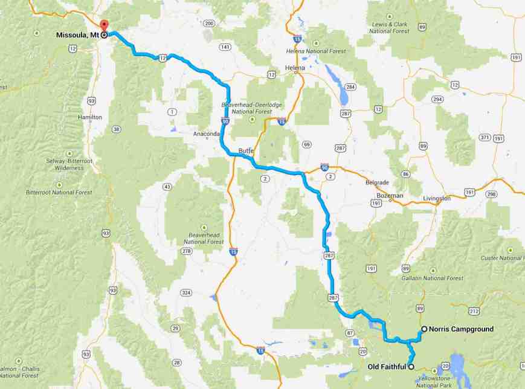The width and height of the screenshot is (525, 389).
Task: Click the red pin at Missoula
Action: point(104,25)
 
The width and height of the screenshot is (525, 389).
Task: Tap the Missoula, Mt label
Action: point(77,36)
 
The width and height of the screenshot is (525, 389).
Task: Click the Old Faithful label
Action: point(387,367)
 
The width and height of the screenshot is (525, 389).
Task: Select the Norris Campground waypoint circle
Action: point(424,329)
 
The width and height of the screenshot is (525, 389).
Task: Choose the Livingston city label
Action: point(437,198)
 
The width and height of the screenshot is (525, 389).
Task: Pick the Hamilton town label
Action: point(90,117)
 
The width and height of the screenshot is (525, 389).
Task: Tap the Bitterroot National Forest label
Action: point(59,192)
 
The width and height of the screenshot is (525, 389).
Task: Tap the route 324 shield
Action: point(186,293)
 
